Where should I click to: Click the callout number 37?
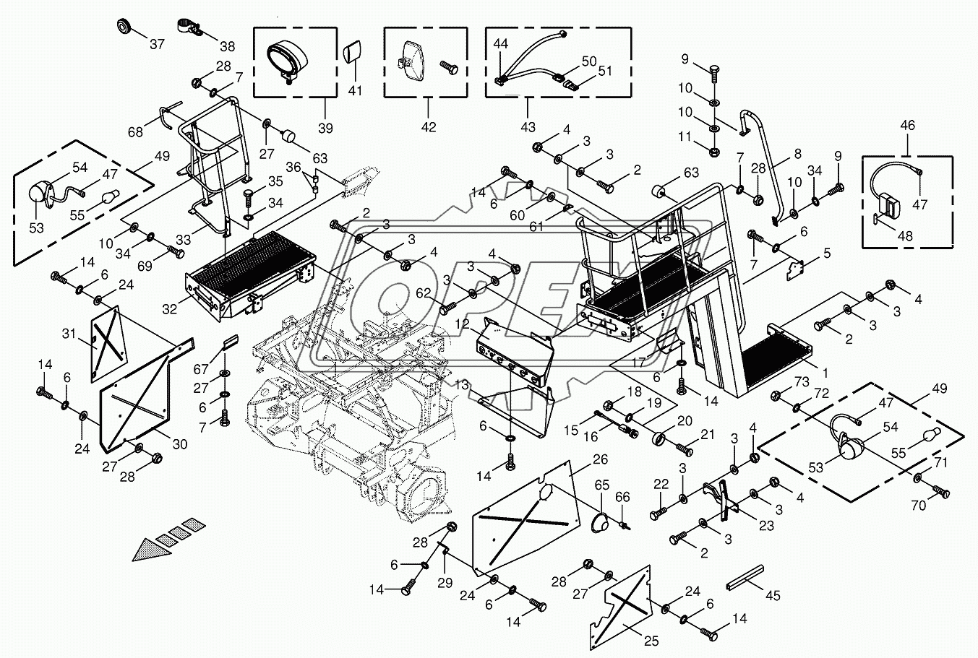click(x=157, y=43)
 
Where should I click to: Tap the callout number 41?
click(x=355, y=91)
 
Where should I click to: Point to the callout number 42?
click(x=429, y=127)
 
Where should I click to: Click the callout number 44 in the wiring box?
click(x=501, y=43)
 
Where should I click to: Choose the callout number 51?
click(x=605, y=71)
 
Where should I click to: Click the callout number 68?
click(x=136, y=131)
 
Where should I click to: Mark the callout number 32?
click(x=169, y=309)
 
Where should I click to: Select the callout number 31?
click(x=69, y=334)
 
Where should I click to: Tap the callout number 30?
click(x=180, y=444)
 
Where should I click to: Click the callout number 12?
click(x=462, y=324)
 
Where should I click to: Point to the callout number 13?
click(x=462, y=385)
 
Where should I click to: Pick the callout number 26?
click(x=601, y=459)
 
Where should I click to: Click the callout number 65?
click(x=602, y=485)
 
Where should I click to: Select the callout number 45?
click(x=773, y=595)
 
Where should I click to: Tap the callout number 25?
click(x=651, y=641)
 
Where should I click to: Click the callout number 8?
click(x=798, y=154)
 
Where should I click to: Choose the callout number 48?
click(x=905, y=236)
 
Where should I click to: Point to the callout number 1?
click(x=825, y=373)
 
